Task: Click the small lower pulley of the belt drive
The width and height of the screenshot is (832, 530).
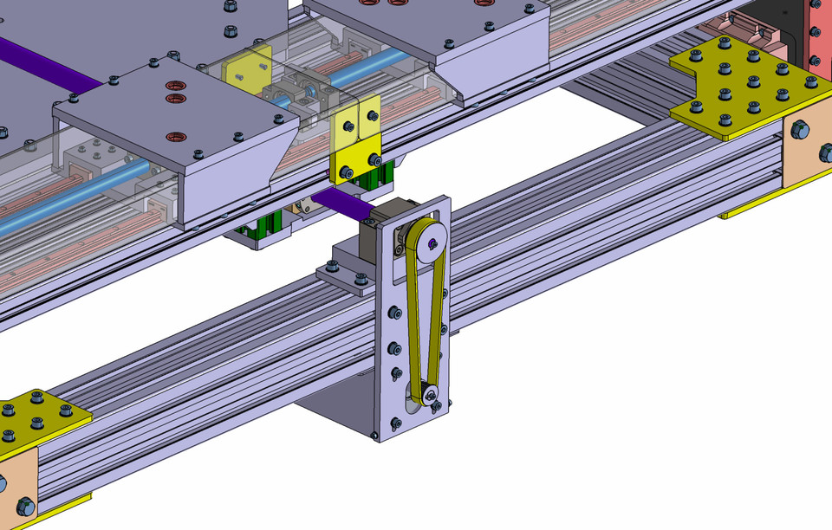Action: coord(426,397)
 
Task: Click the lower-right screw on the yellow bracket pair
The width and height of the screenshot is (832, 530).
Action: coord(374,159)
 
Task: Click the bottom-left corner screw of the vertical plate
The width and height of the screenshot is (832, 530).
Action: coord(374,434)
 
